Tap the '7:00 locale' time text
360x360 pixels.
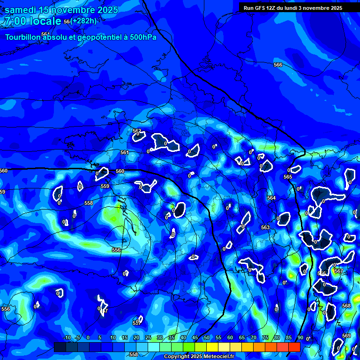[x=33, y=21]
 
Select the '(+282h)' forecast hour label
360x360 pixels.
[x=84, y=21]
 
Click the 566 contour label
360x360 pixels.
[x=278, y=65]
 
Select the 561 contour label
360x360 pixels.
[x=124, y=152]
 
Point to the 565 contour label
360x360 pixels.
[x=288, y=177]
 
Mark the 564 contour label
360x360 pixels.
[x=271, y=198]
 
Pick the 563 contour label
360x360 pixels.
[x=265, y=227]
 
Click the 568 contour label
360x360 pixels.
[x=346, y=306]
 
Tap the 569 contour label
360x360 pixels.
[x=346, y=336]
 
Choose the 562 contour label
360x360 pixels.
[x=137, y=131]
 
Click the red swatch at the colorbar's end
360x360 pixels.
[x=294, y=347]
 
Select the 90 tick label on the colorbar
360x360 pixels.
[x=300, y=338]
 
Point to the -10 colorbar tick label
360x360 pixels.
[x=67, y=338]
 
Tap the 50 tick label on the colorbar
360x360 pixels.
[x=206, y=338]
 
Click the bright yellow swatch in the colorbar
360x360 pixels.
[x=212, y=347]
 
